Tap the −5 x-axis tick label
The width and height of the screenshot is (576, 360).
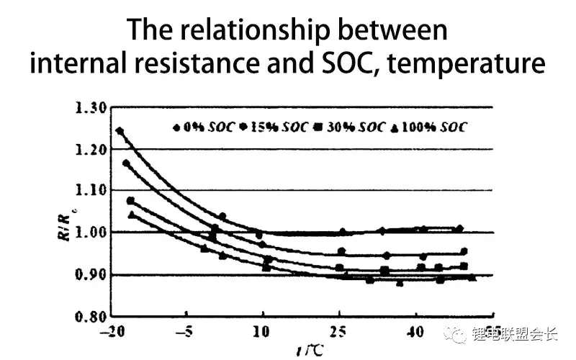[186, 333]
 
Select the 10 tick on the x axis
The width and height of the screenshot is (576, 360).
[262, 333]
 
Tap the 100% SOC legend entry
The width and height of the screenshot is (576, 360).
[429, 127]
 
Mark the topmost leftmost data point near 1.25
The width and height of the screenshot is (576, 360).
[120, 131]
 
